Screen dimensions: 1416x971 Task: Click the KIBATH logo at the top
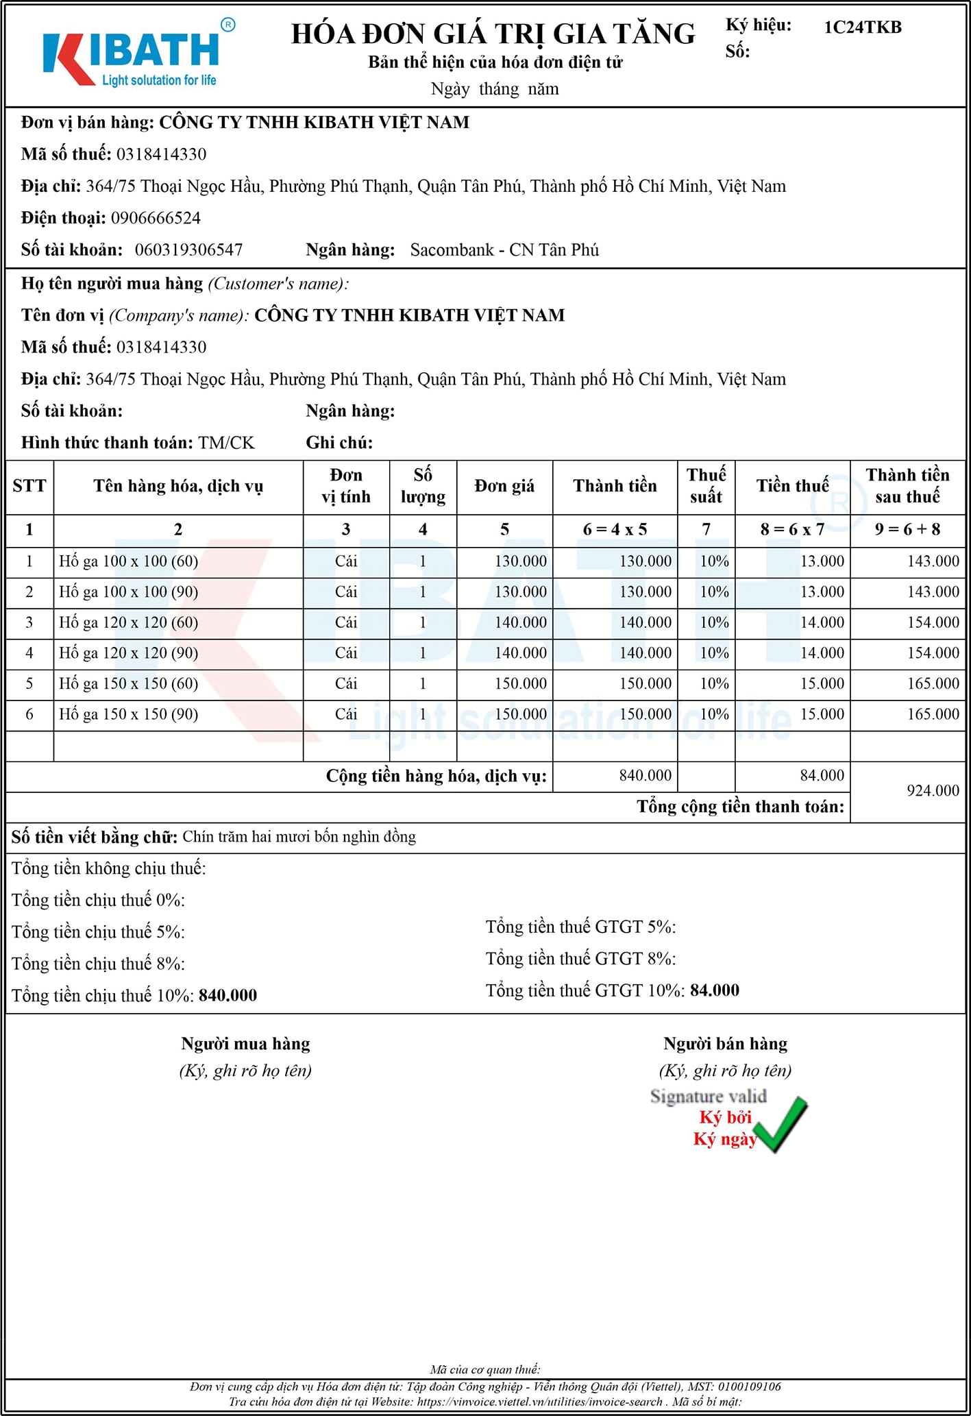(x=134, y=58)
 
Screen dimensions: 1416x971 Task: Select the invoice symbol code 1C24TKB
(x=862, y=27)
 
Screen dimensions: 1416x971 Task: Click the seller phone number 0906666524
(x=156, y=218)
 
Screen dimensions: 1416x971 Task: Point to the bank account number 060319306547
(x=188, y=249)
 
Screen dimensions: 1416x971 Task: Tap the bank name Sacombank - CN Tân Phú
(x=504, y=249)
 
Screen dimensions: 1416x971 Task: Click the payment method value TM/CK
(x=226, y=443)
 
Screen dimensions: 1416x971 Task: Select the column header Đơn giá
(x=504, y=486)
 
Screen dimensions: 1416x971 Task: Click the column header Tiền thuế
(x=792, y=486)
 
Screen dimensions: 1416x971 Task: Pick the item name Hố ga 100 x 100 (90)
(x=128, y=591)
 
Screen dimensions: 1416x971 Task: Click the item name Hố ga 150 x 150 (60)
(x=128, y=683)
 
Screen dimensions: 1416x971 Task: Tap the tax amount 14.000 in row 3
(x=822, y=622)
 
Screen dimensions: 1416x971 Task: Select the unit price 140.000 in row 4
(x=521, y=652)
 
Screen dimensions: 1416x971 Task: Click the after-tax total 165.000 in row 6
(x=933, y=714)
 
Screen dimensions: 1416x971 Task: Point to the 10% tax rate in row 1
(x=714, y=561)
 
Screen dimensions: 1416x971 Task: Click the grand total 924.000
(x=933, y=791)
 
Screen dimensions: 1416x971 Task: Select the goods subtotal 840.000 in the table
(x=645, y=775)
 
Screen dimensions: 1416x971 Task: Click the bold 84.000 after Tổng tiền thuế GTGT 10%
(x=714, y=990)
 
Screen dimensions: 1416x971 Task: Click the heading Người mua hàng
(x=245, y=1044)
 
